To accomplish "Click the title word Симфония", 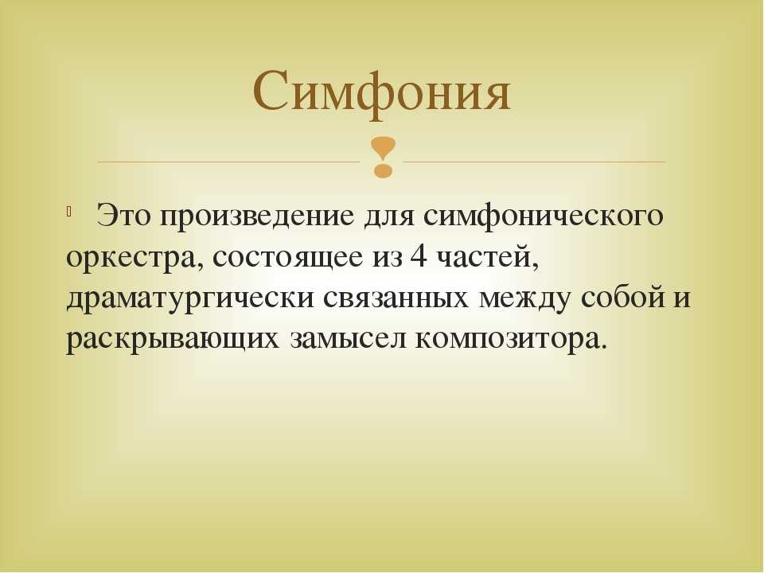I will pyautogui.click(x=382, y=92).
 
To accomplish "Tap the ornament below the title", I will pyautogui.click(x=383, y=156).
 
